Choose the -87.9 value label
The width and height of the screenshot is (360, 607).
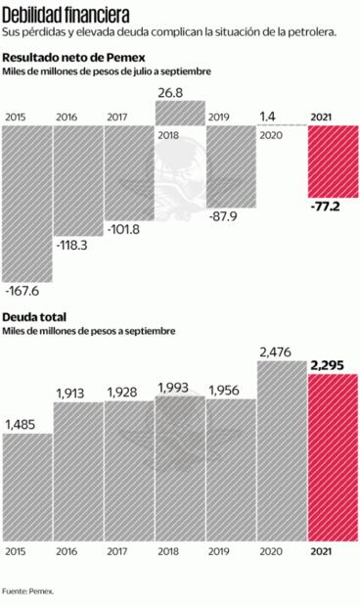pos(229,216)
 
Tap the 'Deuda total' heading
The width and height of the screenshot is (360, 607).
pos(32,317)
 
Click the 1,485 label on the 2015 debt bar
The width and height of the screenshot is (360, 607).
pos(22,424)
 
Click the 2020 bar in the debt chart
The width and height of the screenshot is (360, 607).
pos(281,450)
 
